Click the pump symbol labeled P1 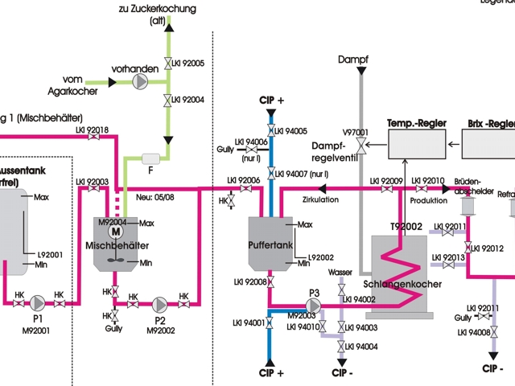click(37, 303)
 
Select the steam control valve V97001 click(360, 145)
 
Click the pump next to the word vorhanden click(142, 81)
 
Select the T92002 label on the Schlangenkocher click(406, 228)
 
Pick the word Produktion click(428, 199)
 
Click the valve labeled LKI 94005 click(271, 131)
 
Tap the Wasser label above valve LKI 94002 click(340, 273)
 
